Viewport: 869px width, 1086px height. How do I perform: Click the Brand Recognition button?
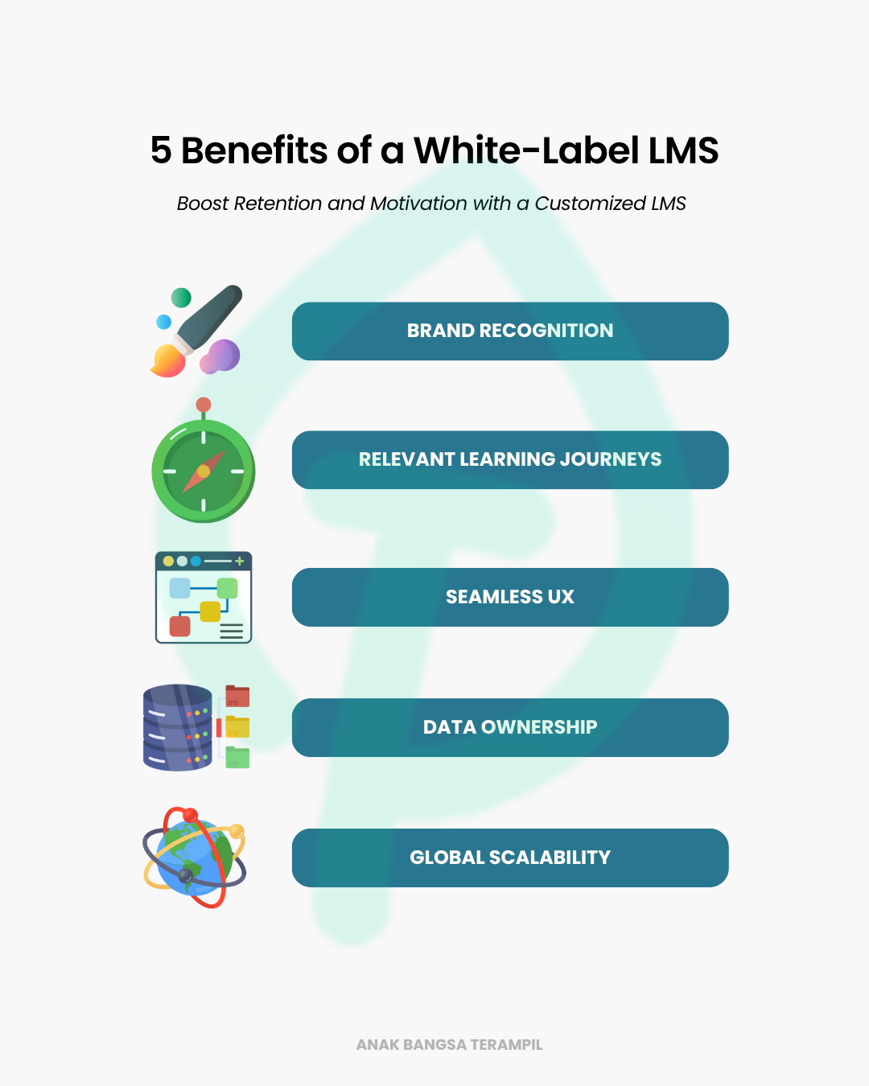pos(510,331)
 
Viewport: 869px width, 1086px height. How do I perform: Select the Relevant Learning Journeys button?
pos(510,459)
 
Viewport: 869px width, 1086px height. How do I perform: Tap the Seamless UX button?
pos(510,597)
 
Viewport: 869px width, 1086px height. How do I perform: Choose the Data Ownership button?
pos(510,727)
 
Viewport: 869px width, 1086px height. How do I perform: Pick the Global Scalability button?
pos(510,858)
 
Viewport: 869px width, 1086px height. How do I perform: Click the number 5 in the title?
pos(161,150)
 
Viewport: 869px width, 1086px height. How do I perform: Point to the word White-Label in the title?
pos(526,150)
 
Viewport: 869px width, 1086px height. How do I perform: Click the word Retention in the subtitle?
pos(278,204)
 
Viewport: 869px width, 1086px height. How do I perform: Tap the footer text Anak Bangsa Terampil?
pos(450,1045)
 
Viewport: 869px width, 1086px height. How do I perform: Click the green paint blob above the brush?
pos(181,298)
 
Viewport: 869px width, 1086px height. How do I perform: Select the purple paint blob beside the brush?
pos(220,356)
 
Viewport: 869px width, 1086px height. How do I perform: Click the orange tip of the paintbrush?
pos(168,361)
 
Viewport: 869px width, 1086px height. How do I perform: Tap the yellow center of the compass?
pos(204,471)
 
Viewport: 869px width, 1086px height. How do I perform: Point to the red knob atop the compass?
pos(204,404)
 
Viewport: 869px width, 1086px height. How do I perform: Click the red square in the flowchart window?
pos(179,627)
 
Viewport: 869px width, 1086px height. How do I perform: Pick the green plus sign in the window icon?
pos(239,561)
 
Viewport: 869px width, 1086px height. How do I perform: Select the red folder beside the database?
pos(237,696)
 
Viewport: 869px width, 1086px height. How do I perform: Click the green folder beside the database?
pos(237,757)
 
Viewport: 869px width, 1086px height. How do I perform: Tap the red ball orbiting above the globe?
pos(191,815)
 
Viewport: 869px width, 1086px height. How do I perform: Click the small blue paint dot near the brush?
pos(163,322)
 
